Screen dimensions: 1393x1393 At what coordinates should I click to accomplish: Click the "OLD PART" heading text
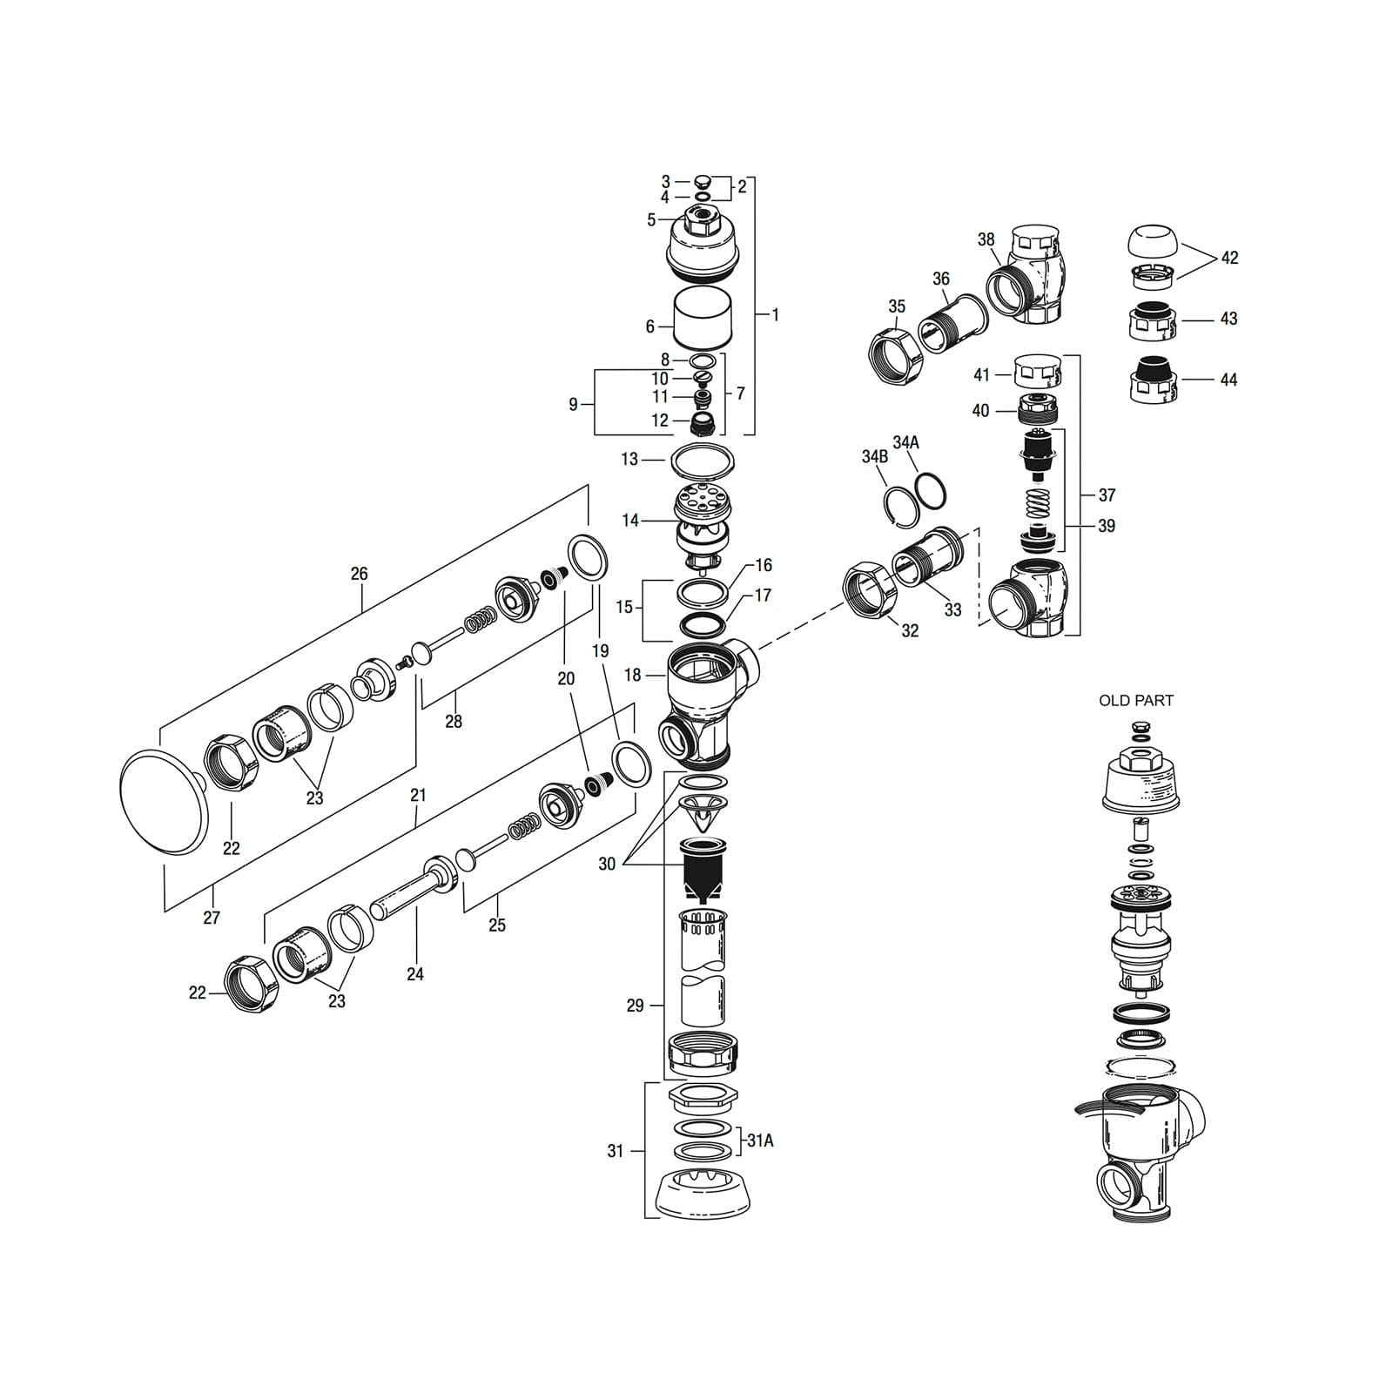[x=1135, y=701]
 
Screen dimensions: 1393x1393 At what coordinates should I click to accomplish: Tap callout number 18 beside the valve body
[x=632, y=675]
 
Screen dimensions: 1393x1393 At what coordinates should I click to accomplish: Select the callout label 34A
[x=905, y=442]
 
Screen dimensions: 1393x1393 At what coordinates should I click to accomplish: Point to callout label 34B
[x=875, y=457]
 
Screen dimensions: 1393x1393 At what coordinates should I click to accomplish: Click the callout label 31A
[x=759, y=1141]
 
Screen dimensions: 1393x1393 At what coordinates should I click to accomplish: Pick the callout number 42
[x=1229, y=258]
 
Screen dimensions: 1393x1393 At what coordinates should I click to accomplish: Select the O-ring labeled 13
[x=701, y=460]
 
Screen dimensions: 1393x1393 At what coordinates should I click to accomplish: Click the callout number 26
[x=359, y=574]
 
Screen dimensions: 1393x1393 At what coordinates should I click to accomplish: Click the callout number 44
[x=1228, y=380]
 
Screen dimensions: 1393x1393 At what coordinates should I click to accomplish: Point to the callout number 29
[x=636, y=1006]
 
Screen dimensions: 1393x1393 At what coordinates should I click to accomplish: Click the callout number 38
[x=986, y=239]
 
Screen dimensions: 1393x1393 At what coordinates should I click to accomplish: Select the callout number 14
[x=630, y=521]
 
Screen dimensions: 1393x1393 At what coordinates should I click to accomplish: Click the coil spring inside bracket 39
[x=1036, y=502]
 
